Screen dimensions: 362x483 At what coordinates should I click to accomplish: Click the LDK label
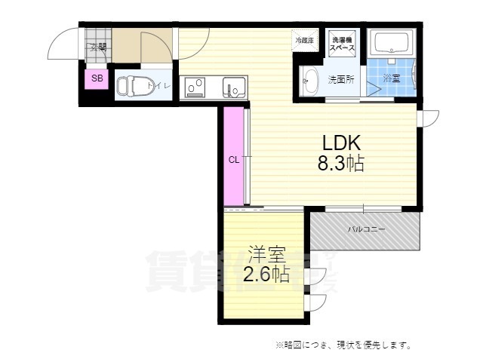344,143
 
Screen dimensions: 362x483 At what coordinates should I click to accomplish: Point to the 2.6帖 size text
266,275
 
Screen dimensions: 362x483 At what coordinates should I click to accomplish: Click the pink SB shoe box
97,78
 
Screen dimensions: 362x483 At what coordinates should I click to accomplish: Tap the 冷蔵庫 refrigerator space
304,39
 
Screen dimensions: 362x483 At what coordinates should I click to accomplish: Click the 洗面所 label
341,78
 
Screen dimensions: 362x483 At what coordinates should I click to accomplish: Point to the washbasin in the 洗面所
309,81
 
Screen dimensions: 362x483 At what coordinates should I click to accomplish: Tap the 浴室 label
392,78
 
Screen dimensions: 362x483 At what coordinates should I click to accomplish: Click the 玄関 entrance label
98,48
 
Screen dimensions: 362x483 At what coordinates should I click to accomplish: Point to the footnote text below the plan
343,345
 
